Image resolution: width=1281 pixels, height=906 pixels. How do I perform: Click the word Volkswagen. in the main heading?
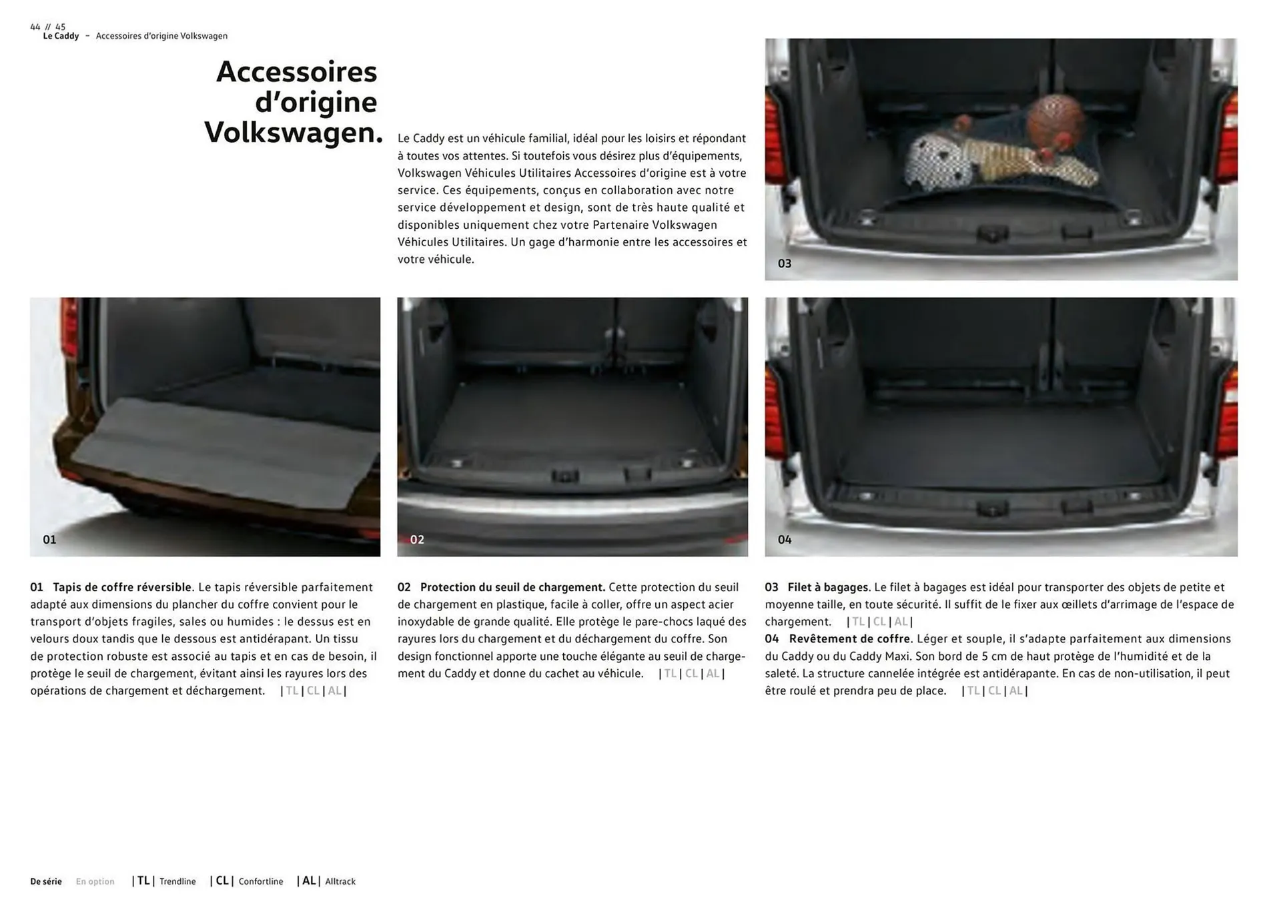tap(294, 132)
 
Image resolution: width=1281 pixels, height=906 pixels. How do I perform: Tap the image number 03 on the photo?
tap(785, 264)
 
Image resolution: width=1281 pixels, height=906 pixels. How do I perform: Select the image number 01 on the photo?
tap(49, 540)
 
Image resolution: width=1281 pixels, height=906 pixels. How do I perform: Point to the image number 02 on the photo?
tap(417, 540)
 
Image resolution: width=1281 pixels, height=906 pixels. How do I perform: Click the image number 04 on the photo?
tap(785, 540)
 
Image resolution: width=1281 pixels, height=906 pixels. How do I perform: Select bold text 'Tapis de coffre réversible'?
tap(122, 587)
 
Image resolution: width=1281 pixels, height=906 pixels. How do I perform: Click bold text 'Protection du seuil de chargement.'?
tap(512, 587)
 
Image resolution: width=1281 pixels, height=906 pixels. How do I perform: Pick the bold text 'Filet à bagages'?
tap(828, 587)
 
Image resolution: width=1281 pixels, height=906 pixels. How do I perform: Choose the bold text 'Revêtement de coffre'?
tap(849, 638)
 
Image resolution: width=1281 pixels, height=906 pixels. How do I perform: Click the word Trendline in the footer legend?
tap(177, 881)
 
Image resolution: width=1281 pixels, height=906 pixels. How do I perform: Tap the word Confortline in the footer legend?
tap(261, 881)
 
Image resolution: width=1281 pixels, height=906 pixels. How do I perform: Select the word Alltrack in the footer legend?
tap(340, 881)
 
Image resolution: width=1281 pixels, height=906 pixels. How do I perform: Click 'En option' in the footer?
tap(95, 881)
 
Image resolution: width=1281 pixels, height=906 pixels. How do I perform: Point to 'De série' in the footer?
tap(46, 881)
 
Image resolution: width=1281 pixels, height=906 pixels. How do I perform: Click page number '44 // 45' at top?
tap(48, 27)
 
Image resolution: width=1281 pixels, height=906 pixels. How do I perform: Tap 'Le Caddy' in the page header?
tap(61, 36)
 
